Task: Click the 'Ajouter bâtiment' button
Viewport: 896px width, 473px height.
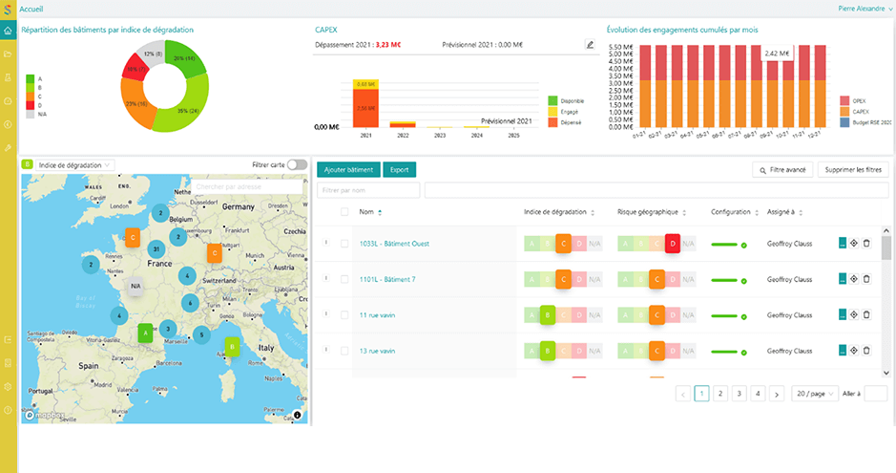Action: tap(347, 170)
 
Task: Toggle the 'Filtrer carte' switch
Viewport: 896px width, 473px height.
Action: tap(297, 165)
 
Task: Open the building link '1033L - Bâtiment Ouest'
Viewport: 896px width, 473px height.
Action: tap(394, 244)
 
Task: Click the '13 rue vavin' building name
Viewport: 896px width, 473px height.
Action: tap(378, 351)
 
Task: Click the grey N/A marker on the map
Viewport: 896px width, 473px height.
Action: tap(135, 286)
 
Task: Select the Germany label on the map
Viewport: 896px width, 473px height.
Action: tap(238, 206)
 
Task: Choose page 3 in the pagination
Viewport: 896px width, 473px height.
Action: tap(739, 393)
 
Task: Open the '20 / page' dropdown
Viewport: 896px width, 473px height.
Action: tap(814, 393)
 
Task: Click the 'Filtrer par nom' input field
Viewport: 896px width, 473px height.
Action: tap(367, 190)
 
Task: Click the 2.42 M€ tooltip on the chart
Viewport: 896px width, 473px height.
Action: tap(778, 53)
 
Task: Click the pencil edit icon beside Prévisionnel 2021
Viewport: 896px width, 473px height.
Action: tap(589, 44)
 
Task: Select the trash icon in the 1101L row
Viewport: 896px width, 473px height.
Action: tap(866, 279)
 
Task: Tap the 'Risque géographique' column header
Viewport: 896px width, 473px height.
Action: tap(648, 212)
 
